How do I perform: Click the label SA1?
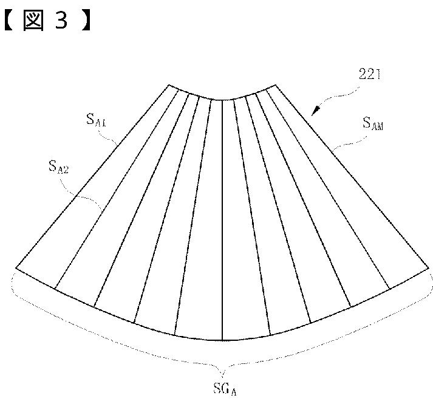[96, 120]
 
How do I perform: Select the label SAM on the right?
[373, 123]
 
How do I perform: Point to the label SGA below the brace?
[225, 388]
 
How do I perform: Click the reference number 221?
[370, 74]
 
